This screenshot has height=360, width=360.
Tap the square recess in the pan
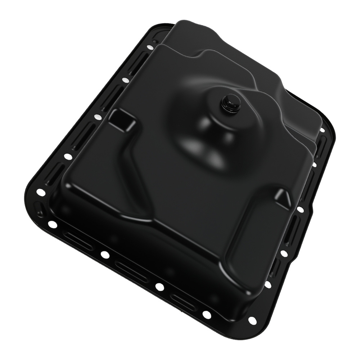click(x=120, y=118)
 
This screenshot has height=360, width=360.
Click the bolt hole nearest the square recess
click(x=97, y=117)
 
